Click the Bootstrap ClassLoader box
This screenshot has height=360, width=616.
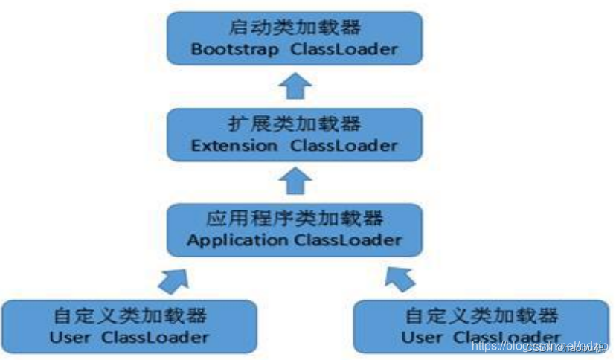pos(295,39)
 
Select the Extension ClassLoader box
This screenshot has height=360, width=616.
pos(295,135)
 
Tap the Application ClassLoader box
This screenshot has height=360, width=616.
pos(295,230)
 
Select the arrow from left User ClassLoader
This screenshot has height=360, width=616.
pos(173,278)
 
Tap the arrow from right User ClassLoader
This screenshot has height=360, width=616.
pos(400,278)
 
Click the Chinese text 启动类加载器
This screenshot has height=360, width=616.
pos(294,29)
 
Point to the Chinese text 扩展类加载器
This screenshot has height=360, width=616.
pos(294,123)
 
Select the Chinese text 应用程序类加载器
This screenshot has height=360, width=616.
pos(294,219)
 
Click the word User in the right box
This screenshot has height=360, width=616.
pos(422,337)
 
